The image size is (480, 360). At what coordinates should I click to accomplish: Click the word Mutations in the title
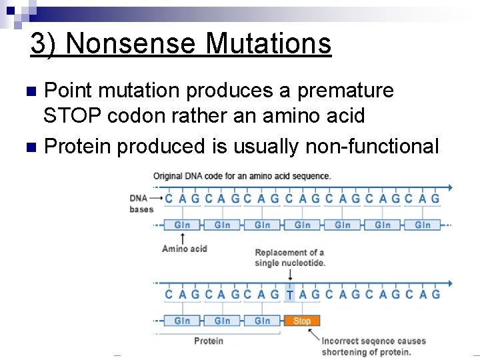pyautogui.click(x=269, y=44)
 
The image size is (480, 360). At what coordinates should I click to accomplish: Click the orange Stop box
pyautogui.click(x=302, y=321)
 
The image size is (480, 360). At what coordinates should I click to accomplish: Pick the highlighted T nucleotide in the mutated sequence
pyautogui.click(x=289, y=294)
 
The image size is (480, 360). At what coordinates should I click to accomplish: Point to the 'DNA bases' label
pyautogui.click(x=141, y=203)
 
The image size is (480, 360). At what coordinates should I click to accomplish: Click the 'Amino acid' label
pyautogui.click(x=185, y=249)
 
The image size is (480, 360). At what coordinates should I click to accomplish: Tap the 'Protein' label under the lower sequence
pyautogui.click(x=209, y=341)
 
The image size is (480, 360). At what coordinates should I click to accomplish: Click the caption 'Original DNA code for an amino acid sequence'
pyautogui.click(x=241, y=176)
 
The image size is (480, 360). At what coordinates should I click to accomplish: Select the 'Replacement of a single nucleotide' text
pyautogui.click(x=289, y=257)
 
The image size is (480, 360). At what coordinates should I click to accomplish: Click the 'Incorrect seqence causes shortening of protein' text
pyautogui.click(x=366, y=346)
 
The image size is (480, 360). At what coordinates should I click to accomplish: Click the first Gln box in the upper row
pyautogui.click(x=182, y=225)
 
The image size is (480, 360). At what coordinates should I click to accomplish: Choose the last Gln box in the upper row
pyautogui.click(x=423, y=225)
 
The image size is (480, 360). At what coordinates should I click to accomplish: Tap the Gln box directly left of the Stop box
pyautogui.click(x=262, y=321)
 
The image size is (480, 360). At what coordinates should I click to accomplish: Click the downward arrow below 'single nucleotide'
pyautogui.click(x=289, y=274)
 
